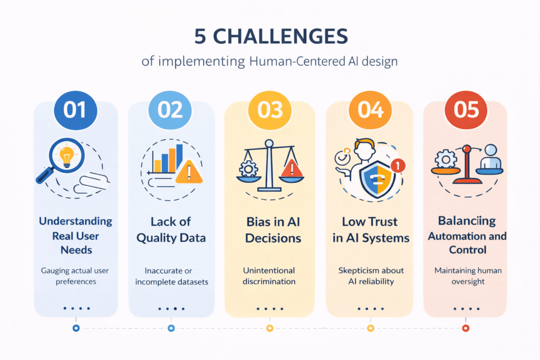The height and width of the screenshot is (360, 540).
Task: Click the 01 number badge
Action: click(x=75, y=110)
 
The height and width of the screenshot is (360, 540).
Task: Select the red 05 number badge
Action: click(x=466, y=110)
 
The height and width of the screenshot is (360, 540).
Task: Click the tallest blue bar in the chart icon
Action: click(x=179, y=158)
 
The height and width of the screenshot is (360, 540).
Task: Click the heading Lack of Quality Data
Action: click(x=171, y=229)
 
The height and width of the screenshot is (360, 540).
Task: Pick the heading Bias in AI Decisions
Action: click(x=269, y=229)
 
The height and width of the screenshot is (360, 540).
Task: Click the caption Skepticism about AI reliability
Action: click(x=371, y=276)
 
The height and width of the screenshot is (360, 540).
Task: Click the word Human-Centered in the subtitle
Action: click(x=289, y=62)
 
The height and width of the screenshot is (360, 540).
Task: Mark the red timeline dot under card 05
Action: click(x=466, y=328)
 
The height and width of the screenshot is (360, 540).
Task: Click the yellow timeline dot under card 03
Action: click(x=269, y=328)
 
